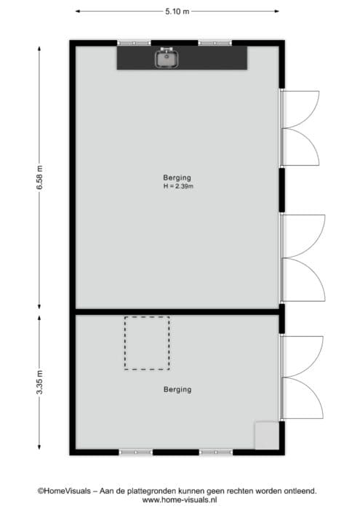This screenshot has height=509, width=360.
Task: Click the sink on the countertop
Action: (167, 58)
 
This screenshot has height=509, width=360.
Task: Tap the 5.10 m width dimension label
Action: (177, 12)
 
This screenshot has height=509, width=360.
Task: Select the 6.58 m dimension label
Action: (39, 177)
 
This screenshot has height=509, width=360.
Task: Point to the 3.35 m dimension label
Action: (39, 382)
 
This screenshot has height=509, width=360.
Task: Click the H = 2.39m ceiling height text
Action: (178, 186)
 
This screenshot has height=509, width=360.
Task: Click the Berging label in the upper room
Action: (177, 177)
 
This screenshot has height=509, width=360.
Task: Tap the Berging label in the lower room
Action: (177, 389)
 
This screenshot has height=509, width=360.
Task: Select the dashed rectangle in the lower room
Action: (124, 343)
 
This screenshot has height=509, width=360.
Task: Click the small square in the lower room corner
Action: (267, 436)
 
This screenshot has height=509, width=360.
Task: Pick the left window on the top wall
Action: (134, 43)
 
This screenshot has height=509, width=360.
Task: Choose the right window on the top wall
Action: (215, 43)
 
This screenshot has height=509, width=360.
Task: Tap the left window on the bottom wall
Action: (136, 452)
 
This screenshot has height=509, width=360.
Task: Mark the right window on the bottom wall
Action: (216, 452)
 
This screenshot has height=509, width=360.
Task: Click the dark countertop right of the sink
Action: (212, 57)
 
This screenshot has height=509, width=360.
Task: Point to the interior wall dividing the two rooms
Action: (177, 312)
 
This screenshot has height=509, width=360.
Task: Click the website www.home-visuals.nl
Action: (180, 500)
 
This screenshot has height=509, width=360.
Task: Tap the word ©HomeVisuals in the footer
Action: (64, 491)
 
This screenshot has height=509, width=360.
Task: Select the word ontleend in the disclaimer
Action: (300, 491)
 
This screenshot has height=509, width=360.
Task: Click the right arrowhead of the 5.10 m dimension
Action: (276, 12)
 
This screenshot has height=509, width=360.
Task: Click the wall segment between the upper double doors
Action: (282, 190)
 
